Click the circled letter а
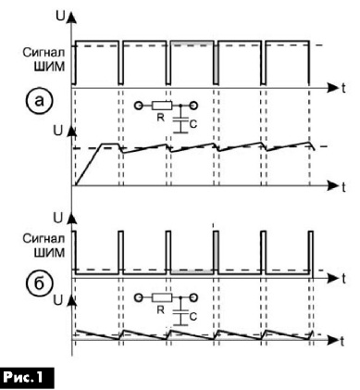pos(39,102)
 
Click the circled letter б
pos(39,283)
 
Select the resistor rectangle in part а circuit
pos(162,106)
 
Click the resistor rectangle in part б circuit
pos(162,297)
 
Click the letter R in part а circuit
pos(160,118)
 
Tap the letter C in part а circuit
pos(193,124)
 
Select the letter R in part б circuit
pos(160,309)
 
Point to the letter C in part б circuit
pos(193,317)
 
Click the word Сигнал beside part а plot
pos(44,53)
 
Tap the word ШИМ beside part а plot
pos(49,67)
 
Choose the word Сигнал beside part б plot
pos(44,239)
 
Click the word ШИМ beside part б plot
pos(49,253)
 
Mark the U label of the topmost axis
pos(60,16)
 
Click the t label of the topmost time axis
pos(343,89)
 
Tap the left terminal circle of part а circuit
pos(139,107)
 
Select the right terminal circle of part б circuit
pos(193,298)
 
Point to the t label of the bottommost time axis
pos(341,341)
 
